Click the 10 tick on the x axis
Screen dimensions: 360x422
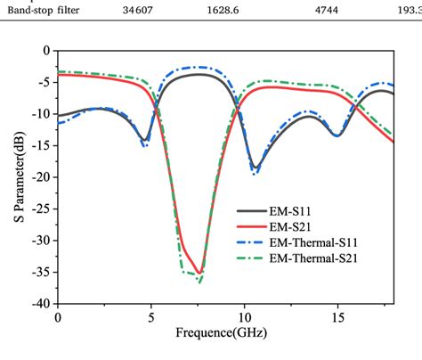(243, 316)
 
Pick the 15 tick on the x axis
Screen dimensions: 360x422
(337, 316)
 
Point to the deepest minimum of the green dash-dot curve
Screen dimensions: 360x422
(199, 282)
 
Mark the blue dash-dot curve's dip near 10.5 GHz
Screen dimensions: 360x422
(256, 172)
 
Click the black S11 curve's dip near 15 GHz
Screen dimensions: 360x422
(337, 135)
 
